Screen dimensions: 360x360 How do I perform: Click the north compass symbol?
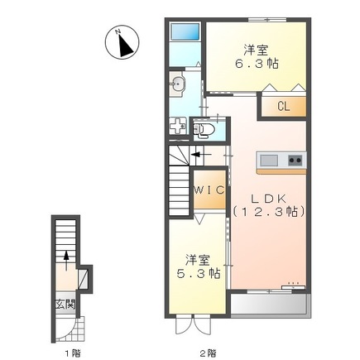122,41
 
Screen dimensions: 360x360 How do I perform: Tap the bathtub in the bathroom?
185,31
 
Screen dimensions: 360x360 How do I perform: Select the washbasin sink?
177,82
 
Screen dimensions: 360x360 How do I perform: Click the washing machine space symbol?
178,126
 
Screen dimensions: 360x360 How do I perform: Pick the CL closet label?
284,106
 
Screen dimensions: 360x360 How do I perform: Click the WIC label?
209,190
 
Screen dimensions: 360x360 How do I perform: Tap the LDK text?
268,199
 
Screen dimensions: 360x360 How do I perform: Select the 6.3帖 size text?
257,64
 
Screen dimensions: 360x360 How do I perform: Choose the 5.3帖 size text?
199,273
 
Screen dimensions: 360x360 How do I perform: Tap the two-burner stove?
295,160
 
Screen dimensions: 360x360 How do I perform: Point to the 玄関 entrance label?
65,305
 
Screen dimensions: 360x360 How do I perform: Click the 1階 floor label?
73,353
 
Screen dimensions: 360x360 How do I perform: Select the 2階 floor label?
208,353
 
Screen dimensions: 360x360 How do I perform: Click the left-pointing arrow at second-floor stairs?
201,155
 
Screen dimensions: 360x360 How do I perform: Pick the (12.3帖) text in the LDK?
269,212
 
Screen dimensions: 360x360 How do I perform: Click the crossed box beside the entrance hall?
83,278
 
